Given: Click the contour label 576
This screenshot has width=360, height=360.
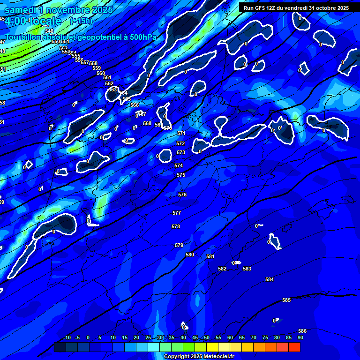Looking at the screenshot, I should (x=182, y=195).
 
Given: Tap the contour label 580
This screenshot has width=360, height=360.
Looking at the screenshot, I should (x=190, y=255).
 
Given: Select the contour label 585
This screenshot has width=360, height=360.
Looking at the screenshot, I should (x=286, y=300).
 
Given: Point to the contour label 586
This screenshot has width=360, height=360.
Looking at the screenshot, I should (x=302, y=331).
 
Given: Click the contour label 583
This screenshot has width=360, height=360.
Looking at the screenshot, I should (x=247, y=269).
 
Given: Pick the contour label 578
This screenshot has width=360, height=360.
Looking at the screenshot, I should (x=176, y=226).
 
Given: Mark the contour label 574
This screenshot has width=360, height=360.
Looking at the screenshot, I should (x=179, y=165).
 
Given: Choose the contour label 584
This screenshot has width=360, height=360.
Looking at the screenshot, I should (x=270, y=279).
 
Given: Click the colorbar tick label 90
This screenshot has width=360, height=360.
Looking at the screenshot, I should (x=300, y=337).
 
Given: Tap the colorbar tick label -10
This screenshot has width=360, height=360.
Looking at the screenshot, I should (x=67, y=337).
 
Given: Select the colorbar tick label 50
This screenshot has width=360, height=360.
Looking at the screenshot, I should (x=207, y=337).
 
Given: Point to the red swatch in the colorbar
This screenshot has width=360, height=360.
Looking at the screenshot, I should (x=294, y=347).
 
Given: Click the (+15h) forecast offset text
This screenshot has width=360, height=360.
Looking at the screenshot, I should (x=81, y=21).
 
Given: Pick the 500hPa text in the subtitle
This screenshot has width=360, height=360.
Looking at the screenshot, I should (x=143, y=37).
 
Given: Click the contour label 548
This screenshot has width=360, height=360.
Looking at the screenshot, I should (x=49, y=31).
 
